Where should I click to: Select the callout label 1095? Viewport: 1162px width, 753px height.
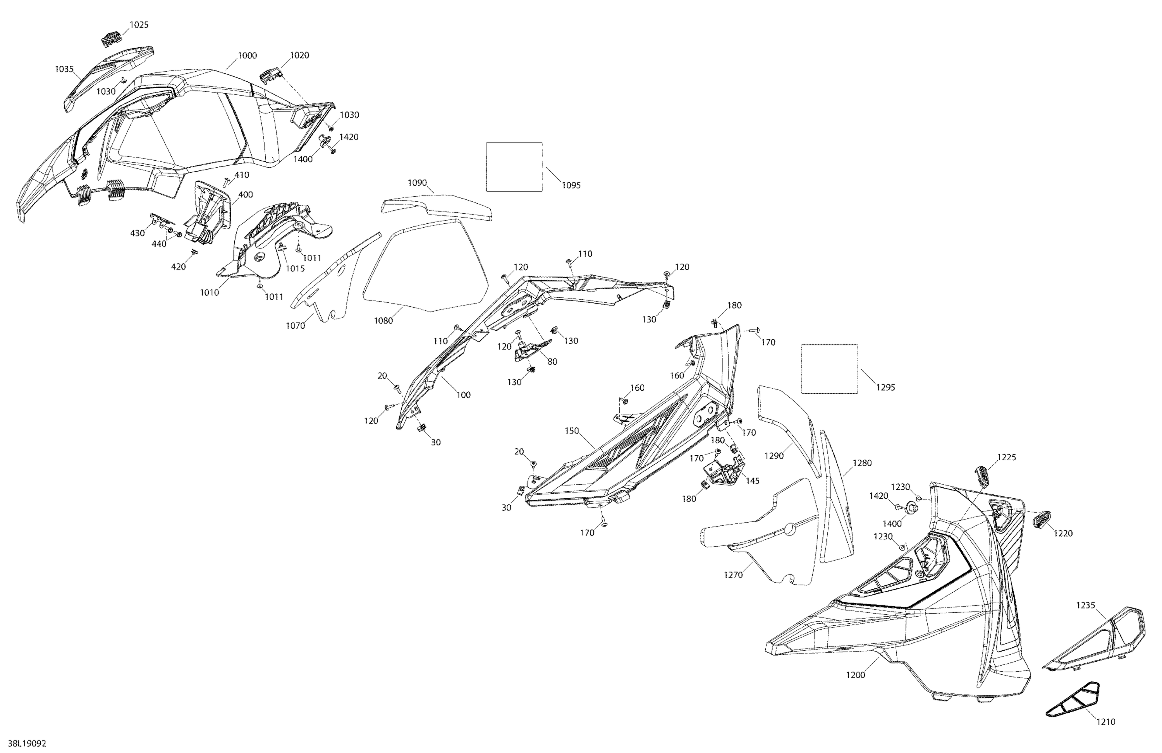click(x=571, y=185)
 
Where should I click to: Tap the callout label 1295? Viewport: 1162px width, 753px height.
click(x=886, y=388)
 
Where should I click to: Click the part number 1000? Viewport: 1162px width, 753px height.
click(x=247, y=56)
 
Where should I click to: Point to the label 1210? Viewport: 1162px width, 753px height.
click(x=1106, y=722)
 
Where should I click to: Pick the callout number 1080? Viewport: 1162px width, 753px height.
click(x=383, y=321)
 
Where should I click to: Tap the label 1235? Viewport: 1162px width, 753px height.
click(x=1085, y=605)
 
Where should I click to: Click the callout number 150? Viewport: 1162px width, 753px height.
click(x=572, y=431)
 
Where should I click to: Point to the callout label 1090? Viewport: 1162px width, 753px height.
click(x=418, y=183)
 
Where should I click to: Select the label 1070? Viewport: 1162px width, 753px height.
click(x=296, y=326)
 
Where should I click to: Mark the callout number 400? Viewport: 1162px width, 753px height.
click(x=245, y=195)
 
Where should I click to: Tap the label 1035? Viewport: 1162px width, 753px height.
click(x=64, y=69)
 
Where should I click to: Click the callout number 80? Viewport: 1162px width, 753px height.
click(x=552, y=362)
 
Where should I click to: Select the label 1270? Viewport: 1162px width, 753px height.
click(x=733, y=575)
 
